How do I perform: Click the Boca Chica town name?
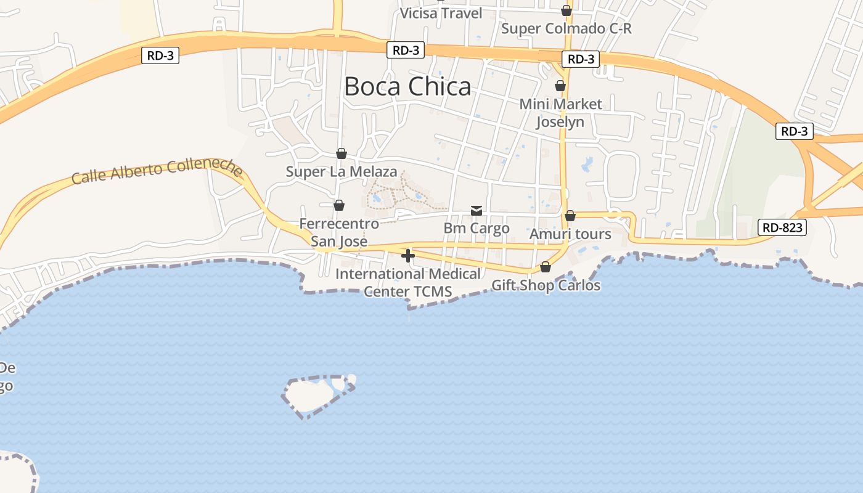point(407,86)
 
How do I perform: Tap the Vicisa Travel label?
point(441,13)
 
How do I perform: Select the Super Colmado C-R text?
point(566,28)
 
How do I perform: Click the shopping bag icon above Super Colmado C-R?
point(566,10)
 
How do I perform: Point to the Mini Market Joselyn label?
point(560,113)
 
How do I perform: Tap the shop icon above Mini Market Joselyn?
point(560,85)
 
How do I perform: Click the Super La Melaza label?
point(341,171)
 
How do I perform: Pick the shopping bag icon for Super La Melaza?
point(341,153)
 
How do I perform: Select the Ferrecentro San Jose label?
point(339,232)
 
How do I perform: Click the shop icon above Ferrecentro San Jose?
point(338,205)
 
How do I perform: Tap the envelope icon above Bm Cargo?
point(476,211)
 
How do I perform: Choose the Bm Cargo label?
point(476,228)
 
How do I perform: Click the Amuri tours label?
point(570,234)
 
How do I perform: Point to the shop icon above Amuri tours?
point(570,216)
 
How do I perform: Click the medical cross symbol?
point(407,255)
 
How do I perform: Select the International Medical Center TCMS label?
point(407,282)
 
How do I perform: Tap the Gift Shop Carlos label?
point(546,285)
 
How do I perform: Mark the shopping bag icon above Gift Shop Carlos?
point(546,267)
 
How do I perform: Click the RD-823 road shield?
point(782,227)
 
